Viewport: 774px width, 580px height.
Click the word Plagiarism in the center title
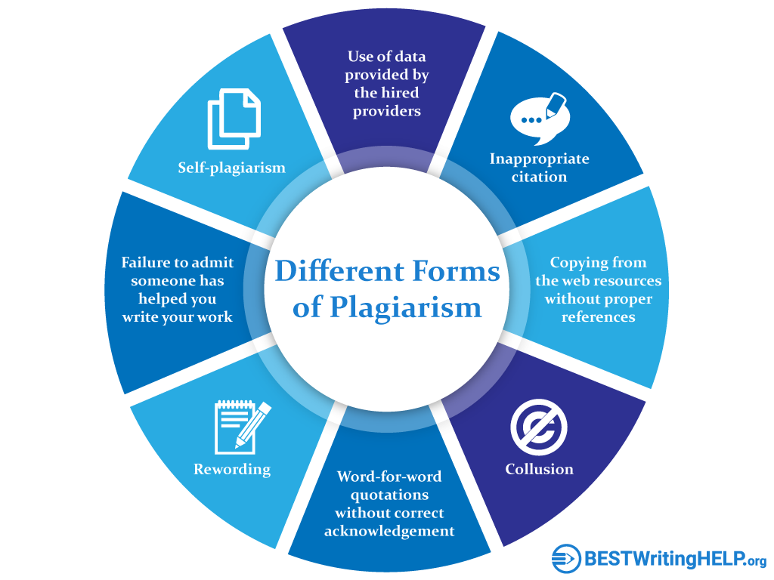tap(405, 308)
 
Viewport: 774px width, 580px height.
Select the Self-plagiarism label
tap(231, 168)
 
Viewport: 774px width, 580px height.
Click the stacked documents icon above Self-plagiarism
tap(234, 119)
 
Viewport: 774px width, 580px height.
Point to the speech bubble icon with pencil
tap(540, 119)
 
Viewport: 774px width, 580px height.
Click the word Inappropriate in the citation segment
tap(539, 159)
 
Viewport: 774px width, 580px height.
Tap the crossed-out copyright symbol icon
tap(538, 427)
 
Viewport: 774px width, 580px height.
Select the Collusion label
tap(539, 468)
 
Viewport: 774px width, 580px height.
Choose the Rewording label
tap(232, 469)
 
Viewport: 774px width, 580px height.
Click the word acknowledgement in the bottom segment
tap(389, 531)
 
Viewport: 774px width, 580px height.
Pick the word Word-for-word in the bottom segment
tap(389, 477)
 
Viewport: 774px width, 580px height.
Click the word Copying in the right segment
tap(577, 263)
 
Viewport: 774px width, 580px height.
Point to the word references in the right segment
tap(599, 316)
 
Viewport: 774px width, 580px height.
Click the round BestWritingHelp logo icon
tap(566, 559)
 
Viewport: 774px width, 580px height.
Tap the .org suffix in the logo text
tap(756, 561)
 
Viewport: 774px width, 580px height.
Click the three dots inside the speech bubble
tap(531, 120)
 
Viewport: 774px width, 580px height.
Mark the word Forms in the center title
tap(456, 271)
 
